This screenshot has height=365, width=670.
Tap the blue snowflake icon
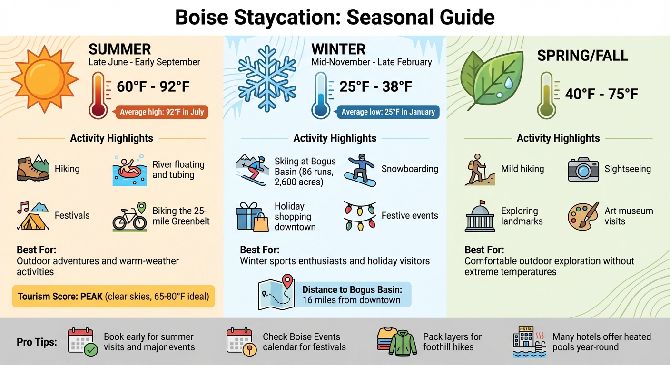pyautogui.click(x=266, y=78)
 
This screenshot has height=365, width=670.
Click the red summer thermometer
pyautogui.click(x=98, y=95)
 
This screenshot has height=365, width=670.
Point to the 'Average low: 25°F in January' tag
pyautogui.click(x=387, y=112)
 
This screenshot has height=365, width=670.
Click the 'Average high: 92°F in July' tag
pyautogui.click(x=161, y=112)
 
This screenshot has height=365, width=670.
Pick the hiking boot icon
pyautogui.click(x=33, y=169)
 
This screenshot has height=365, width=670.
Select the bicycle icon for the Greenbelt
pyautogui.click(x=129, y=217)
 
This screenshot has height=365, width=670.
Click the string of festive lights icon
pyautogui.click(x=360, y=215)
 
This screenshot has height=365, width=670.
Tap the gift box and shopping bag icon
pyautogui.click(x=252, y=217)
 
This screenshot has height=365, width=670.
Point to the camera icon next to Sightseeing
pyautogui.click(x=583, y=169)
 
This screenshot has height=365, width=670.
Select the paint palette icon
pyautogui.click(x=583, y=216)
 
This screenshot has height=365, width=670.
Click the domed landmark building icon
pyautogui.click(x=480, y=216)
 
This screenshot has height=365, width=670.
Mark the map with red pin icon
pyautogui.click(x=276, y=292)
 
